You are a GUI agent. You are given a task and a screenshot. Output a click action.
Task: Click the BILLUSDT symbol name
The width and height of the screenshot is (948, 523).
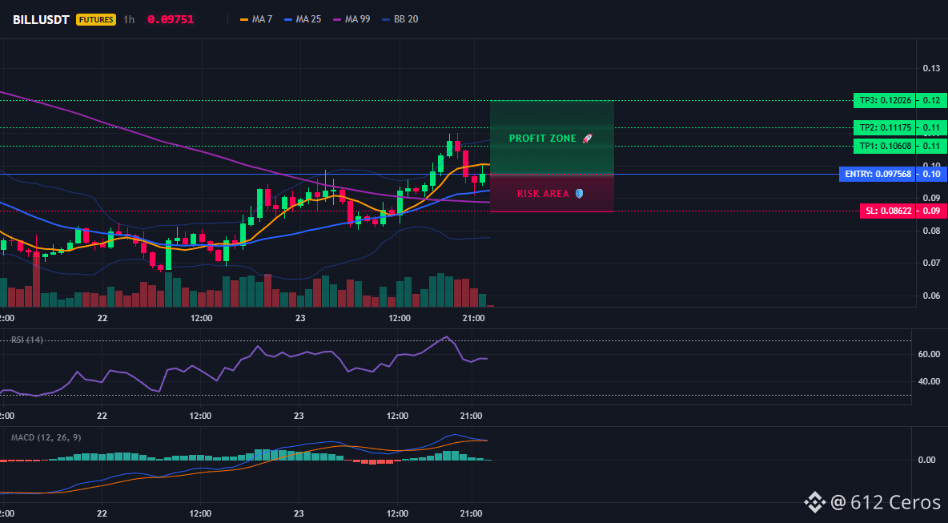click(x=42, y=19)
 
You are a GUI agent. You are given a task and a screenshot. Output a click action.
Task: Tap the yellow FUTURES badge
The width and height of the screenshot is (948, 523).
click(x=95, y=19)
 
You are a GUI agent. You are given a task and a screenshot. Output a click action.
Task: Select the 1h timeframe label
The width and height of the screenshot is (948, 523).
click(x=129, y=19)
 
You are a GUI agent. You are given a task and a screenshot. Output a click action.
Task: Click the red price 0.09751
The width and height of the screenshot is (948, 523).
click(x=171, y=19)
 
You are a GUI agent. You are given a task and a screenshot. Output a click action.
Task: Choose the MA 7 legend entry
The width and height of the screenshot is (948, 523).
click(x=256, y=19)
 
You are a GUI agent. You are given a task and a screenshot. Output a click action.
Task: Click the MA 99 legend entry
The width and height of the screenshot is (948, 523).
click(x=351, y=19)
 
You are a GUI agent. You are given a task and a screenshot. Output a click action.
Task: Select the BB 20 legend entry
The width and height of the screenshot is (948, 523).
click(x=400, y=19)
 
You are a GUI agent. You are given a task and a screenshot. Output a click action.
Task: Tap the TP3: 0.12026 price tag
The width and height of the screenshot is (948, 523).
click(x=882, y=101)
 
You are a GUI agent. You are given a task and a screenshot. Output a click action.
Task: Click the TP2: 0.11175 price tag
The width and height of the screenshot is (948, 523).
click(x=882, y=127)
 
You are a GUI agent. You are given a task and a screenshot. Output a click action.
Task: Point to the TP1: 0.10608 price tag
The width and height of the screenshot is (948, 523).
click(x=882, y=146)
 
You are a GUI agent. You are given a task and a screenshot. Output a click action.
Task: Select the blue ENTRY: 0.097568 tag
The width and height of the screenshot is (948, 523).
click(x=876, y=174)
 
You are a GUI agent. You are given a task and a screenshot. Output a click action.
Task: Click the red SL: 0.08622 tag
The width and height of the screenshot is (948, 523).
click(x=886, y=211)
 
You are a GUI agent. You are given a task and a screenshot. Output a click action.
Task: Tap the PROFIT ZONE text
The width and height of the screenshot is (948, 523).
click(x=543, y=139)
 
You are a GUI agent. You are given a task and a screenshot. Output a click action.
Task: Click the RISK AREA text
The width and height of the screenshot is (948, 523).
click(x=543, y=194)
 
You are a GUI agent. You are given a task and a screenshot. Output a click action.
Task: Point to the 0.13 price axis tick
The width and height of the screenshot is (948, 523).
click(x=931, y=68)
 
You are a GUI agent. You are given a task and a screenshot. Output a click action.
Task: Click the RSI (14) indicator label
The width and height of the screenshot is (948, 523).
click(x=27, y=340)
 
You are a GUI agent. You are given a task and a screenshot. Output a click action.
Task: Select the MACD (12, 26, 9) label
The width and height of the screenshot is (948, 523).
click(x=46, y=437)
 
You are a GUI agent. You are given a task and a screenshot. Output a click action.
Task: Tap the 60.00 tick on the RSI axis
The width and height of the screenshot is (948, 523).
click(x=927, y=354)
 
